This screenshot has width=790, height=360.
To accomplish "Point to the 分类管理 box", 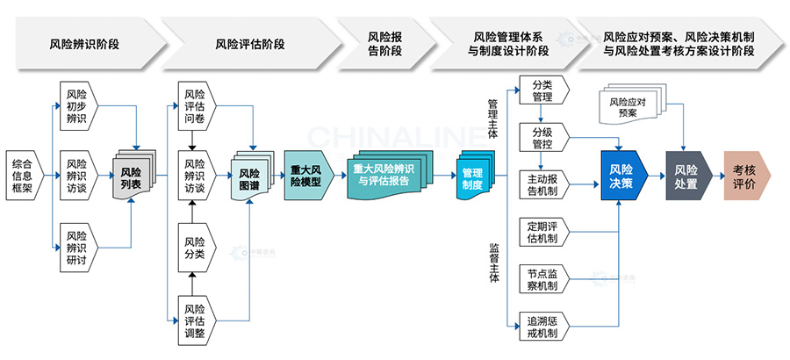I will (543, 90).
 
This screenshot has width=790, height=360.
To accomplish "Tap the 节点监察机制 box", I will (543, 278).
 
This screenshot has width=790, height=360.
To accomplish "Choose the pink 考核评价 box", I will (745, 176).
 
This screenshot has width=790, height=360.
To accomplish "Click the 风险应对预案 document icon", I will (628, 106).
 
